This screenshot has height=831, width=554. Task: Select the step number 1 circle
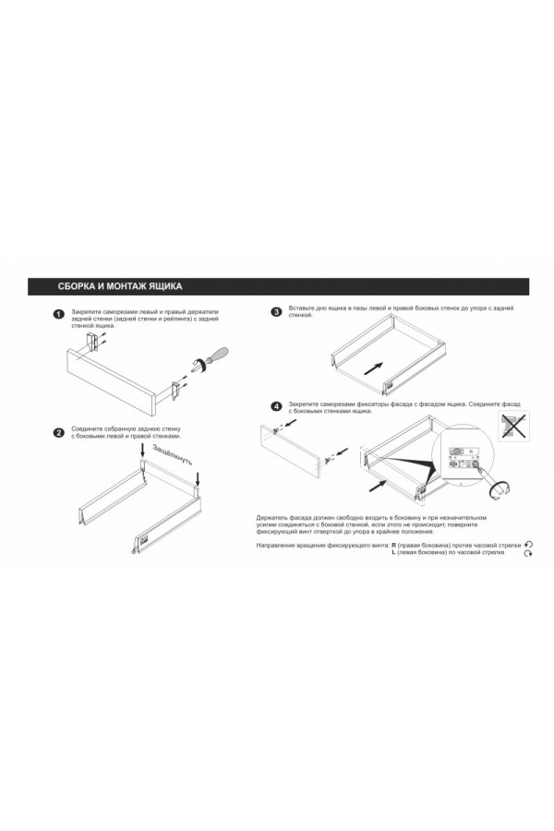(x=58, y=314)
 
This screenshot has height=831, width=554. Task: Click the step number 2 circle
(x=58, y=432)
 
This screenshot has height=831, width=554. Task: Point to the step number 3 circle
(x=276, y=312)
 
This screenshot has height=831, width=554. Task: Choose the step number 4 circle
(x=276, y=406)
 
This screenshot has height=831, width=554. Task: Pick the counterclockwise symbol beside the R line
(x=529, y=546)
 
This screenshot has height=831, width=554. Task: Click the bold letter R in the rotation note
(x=393, y=547)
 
